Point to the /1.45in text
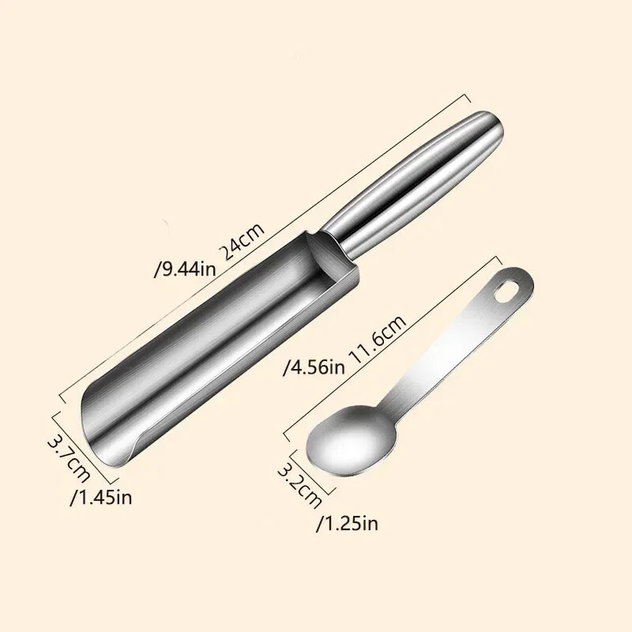[x=100, y=497]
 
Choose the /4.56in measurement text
[x=315, y=366]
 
